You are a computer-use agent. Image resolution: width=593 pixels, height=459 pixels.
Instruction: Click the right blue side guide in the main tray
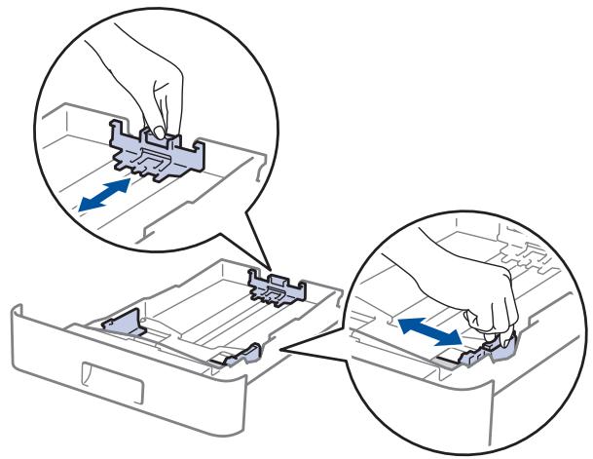pyautogui.click(x=241, y=357)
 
